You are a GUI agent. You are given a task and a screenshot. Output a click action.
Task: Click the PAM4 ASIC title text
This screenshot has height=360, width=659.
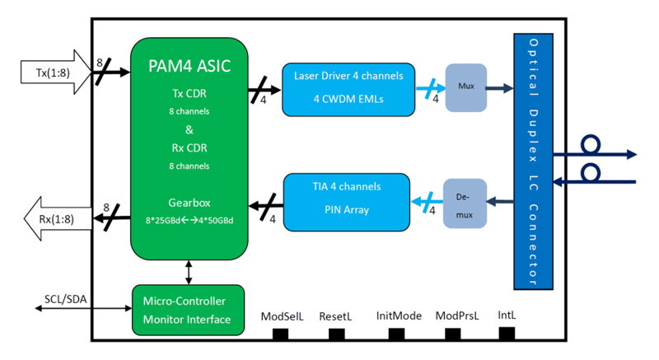tap(189, 65)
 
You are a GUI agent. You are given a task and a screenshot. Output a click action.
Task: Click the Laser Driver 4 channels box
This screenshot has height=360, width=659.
tap(348, 89)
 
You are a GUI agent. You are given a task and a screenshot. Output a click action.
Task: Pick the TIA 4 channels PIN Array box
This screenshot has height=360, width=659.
tap(347, 198)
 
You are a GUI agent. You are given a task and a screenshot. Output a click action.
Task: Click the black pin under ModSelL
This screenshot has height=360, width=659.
tap(281, 334)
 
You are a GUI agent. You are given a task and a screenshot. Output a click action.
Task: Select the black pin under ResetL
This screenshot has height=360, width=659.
tap(336, 334)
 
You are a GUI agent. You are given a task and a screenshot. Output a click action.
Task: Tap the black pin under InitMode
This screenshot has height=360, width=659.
tap(397, 334)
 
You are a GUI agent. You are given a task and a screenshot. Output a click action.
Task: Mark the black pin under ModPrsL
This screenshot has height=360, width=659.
tap(453, 334)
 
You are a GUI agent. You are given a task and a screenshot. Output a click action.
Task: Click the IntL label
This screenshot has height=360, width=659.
tap(507, 316)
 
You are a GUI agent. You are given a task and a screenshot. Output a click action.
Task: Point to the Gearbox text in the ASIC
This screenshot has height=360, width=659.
tap(189, 202)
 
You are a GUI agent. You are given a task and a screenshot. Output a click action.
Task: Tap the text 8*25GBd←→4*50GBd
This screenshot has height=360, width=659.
tap(189, 219)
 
